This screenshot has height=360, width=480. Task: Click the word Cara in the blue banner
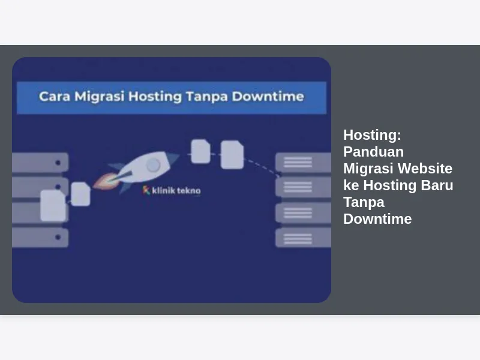tap(55, 97)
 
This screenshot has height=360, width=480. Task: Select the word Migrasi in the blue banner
tap(100, 97)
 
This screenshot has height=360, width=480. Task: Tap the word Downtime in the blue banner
tap(268, 97)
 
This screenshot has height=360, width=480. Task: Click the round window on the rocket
tap(153, 166)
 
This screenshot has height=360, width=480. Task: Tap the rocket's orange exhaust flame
tap(106, 181)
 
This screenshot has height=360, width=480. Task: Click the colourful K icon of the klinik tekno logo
tap(146, 190)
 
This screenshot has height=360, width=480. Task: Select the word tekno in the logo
tap(188, 191)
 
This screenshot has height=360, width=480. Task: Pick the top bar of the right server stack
tap(303, 162)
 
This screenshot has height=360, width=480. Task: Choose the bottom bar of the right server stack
tap(303, 238)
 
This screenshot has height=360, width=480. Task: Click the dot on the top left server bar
tap(58, 163)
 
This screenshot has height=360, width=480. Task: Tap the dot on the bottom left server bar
tap(58, 237)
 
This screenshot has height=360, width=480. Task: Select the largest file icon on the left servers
tap(53, 205)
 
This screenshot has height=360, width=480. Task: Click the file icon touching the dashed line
tap(232, 155)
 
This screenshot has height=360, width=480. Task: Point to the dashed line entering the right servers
tap(262, 167)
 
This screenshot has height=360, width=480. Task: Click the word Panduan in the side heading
tap(373, 152)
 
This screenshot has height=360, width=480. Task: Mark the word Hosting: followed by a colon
tap(372, 136)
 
